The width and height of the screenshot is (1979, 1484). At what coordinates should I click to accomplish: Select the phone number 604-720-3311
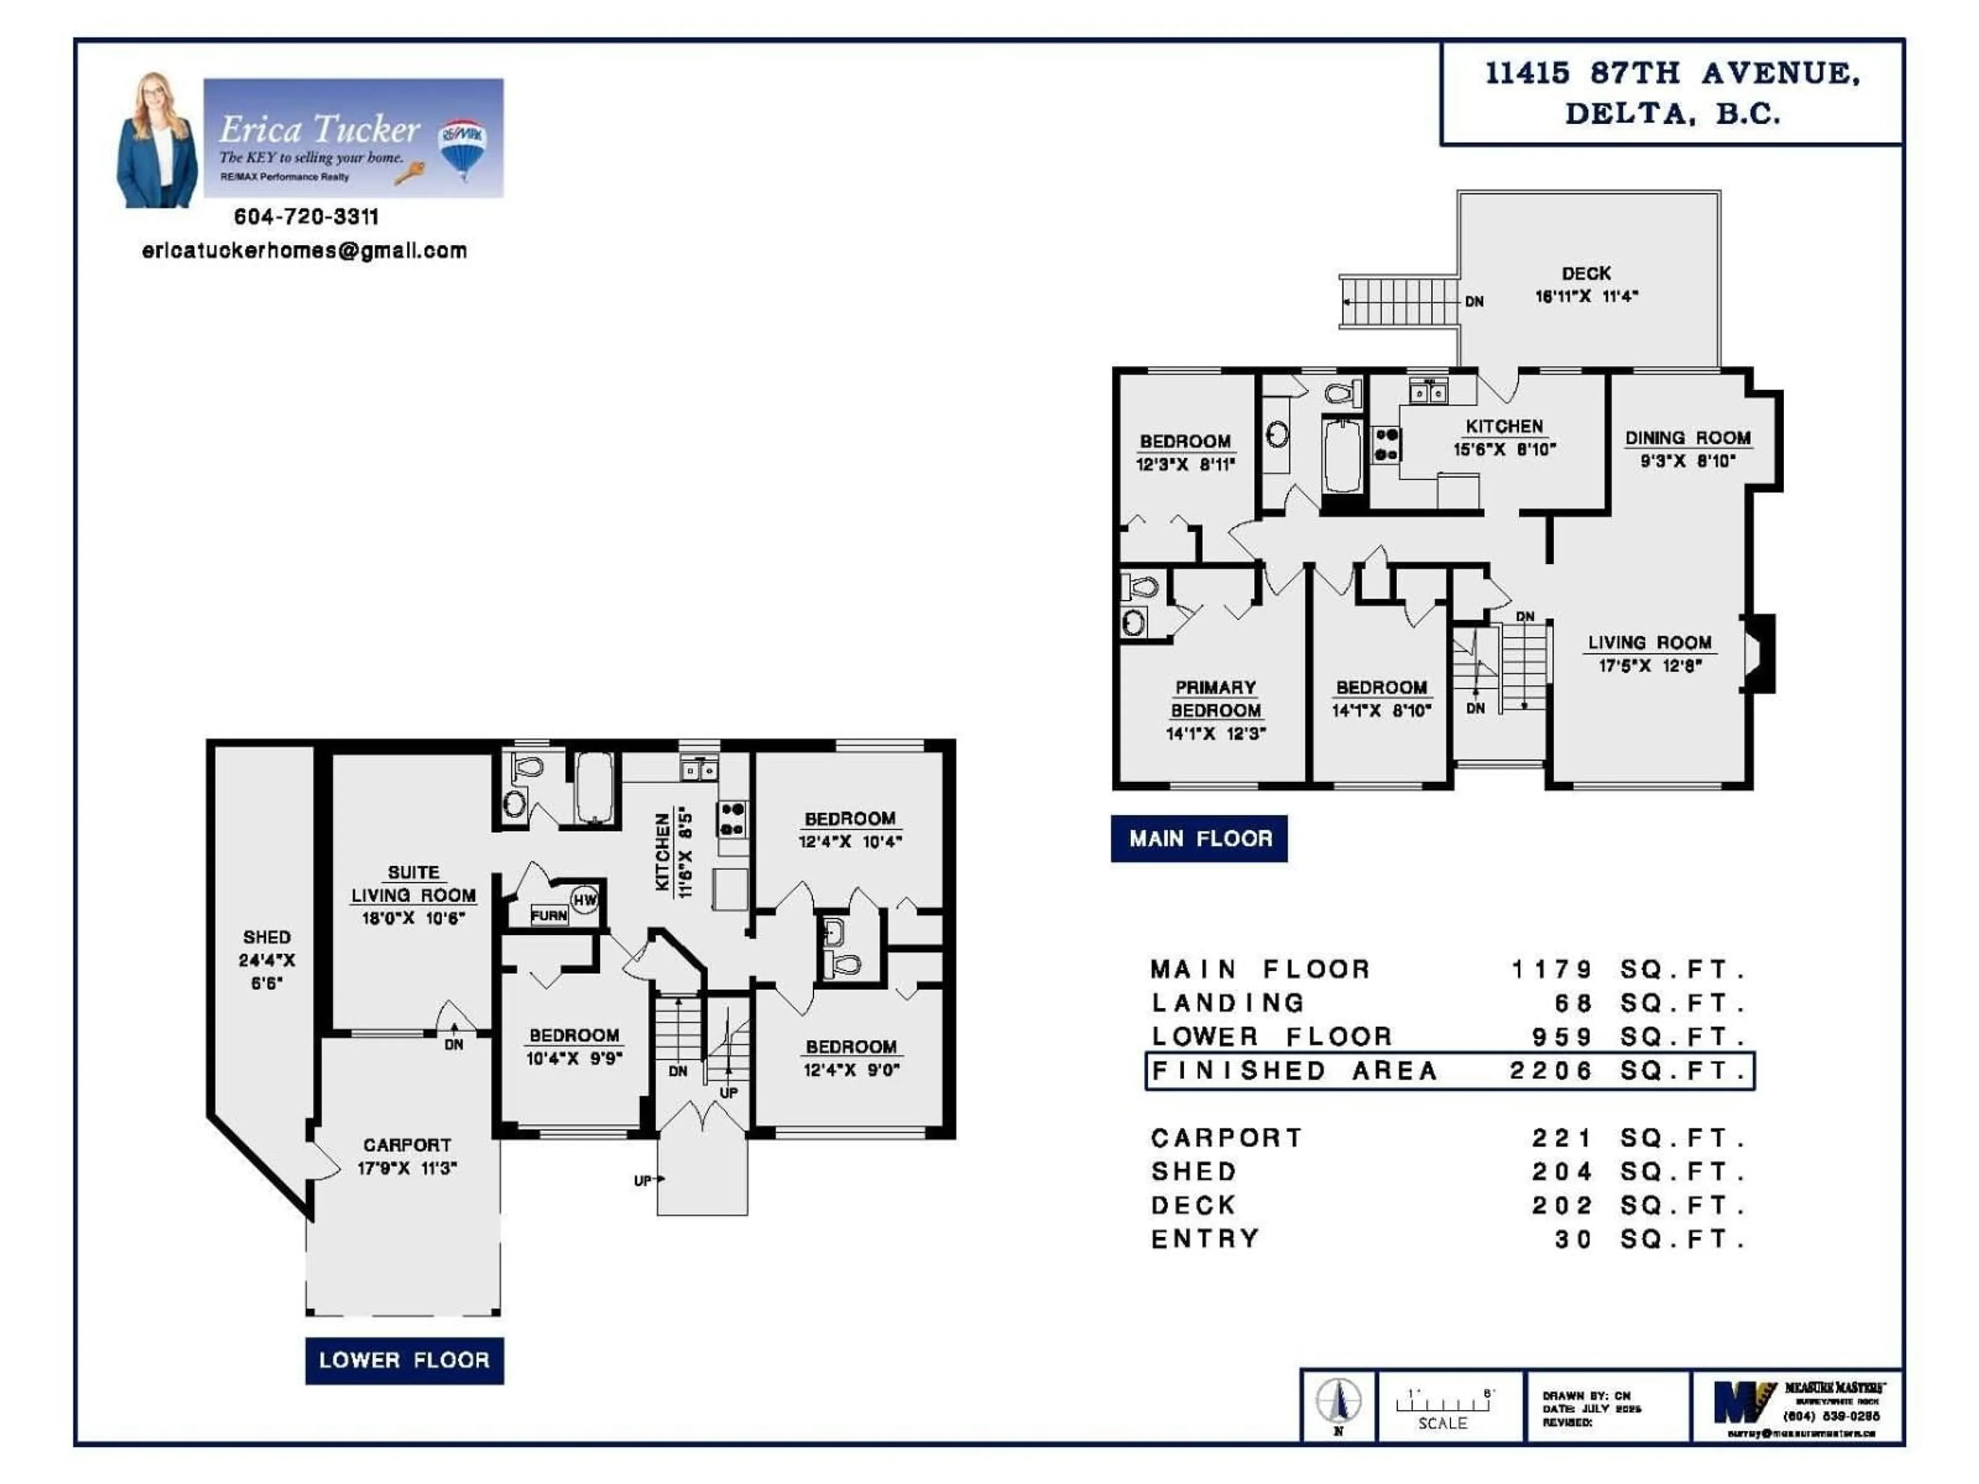306,216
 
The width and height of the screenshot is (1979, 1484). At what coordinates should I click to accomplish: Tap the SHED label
266,937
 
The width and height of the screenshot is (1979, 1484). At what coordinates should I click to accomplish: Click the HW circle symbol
584,900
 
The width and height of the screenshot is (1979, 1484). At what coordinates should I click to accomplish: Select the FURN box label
548,915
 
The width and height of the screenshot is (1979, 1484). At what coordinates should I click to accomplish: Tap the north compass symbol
1338,1401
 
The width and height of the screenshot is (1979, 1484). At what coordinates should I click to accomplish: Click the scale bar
1442,1404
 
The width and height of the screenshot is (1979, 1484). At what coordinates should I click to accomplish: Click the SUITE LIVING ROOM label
413,884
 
